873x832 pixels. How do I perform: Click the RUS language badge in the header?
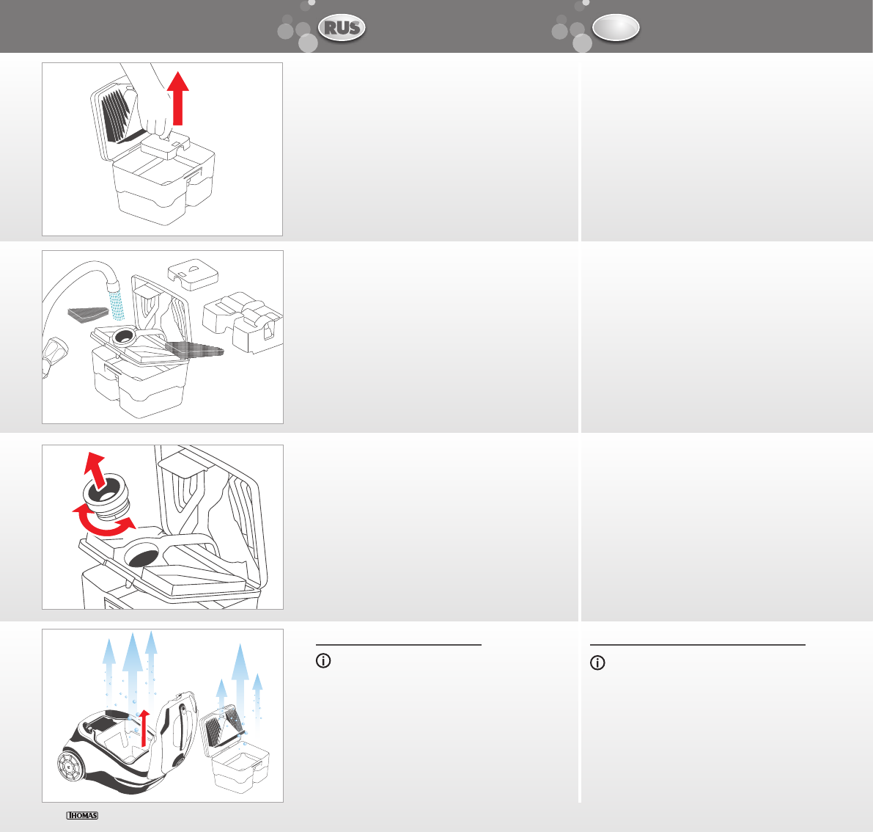pos(342,28)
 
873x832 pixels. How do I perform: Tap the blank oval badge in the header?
pos(615,28)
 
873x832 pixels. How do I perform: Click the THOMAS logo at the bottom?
pos(82,815)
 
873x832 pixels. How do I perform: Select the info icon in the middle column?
pos(323,661)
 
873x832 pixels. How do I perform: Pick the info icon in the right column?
pos(597,663)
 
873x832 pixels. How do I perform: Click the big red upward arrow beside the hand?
pos(178,98)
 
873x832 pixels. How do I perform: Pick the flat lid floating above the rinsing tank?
pos(193,274)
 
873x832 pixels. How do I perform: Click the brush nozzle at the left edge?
pos(54,357)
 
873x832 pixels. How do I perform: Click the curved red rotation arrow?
pos(104,520)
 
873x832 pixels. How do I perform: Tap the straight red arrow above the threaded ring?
pos(96,470)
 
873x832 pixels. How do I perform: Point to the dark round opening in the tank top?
pos(141,555)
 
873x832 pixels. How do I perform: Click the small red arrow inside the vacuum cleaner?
pos(144,728)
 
